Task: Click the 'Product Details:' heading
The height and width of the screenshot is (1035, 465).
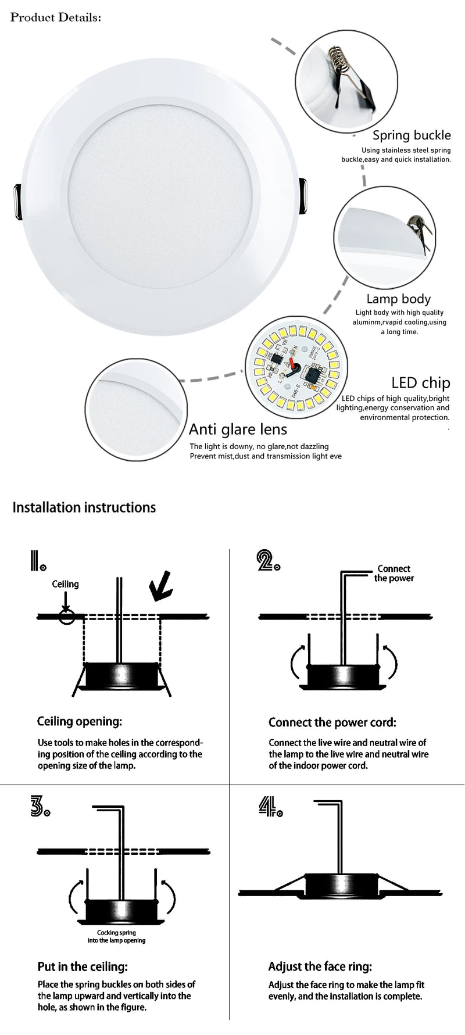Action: tap(56, 17)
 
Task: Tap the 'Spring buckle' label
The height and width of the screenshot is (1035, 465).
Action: tap(412, 135)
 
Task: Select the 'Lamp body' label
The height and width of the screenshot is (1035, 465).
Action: tap(398, 299)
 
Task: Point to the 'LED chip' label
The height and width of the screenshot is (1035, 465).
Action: tap(420, 382)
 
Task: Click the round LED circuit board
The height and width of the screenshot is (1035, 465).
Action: tap(292, 367)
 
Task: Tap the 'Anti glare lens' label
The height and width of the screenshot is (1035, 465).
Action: tap(238, 429)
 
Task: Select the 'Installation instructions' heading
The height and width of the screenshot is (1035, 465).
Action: tap(84, 507)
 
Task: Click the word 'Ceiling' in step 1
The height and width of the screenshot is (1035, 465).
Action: tap(65, 584)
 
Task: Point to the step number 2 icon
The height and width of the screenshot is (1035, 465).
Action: tap(268, 560)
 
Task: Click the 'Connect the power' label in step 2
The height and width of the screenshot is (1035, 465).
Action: tap(394, 574)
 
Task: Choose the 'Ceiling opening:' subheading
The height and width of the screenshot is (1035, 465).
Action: tap(80, 721)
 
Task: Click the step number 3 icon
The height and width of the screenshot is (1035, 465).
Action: tap(40, 808)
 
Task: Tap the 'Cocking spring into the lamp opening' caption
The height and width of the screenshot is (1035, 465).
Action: tap(117, 936)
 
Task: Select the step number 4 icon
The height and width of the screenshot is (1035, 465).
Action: tap(270, 808)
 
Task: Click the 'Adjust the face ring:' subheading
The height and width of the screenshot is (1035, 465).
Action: tap(320, 967)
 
